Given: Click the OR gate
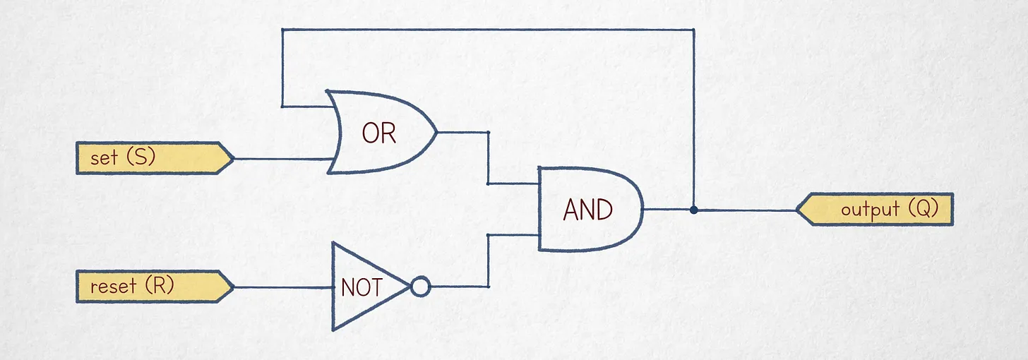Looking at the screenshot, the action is coord(381,132).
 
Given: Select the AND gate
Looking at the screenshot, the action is coord(590,209).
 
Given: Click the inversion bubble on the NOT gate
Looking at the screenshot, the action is coord(420,287).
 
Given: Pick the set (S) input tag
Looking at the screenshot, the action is coord(155,157).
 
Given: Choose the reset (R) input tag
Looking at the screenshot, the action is coord(155,287).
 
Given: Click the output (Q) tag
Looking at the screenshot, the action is coord(875,210).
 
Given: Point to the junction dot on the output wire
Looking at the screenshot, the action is coord(694,210).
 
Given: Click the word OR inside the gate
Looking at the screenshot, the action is coord(378,133).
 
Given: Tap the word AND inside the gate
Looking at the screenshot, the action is coord(588,210).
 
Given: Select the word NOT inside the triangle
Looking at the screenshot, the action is coord(361,288).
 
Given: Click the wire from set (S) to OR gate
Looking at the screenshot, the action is coord(283,159).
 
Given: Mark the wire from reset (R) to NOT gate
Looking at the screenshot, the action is coord(282,287).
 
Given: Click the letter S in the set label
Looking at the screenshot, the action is coord(141,157).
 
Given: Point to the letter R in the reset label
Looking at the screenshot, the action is coord(160,286).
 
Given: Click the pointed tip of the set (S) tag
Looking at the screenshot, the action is coord(234,159).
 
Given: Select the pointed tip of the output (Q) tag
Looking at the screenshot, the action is coord(796,210).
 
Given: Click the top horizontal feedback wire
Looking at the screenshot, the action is coord(488,30).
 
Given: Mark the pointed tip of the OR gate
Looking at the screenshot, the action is coord(437,133).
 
